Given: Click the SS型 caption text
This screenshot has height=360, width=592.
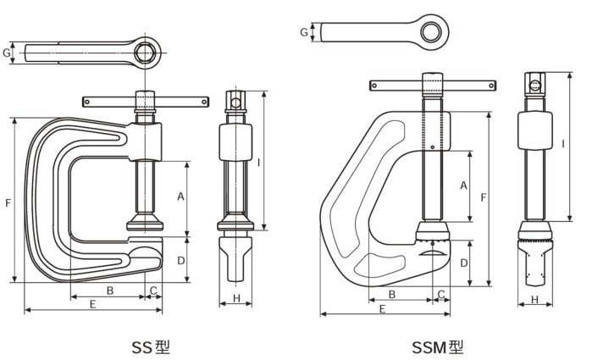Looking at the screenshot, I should tap(151, 346).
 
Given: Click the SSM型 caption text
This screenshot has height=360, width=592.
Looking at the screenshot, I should tap(438, 346).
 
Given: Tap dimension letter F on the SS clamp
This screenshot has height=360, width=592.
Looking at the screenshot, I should tap(8, 202).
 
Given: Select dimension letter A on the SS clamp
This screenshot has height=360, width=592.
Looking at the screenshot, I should tap(180, 196).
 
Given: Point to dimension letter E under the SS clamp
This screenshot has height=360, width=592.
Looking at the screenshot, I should tap(91, 302).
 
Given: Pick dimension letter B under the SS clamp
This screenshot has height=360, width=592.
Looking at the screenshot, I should tap(110, 291).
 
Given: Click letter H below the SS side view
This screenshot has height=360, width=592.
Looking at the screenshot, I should tap(236, 298).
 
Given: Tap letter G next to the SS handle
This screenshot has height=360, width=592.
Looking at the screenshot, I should tap(7, 53).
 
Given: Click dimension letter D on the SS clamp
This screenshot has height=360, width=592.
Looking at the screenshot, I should tap(180, 261).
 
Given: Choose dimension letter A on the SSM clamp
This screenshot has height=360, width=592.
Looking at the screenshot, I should tap(463, 185).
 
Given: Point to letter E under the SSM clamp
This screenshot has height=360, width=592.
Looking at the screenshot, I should tap(383, 309).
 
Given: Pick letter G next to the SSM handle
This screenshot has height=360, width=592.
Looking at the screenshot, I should tap(303, 32).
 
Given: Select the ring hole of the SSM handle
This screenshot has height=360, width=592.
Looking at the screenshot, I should tap(434, 31).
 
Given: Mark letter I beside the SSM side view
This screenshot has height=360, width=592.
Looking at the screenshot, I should tap(563, 144).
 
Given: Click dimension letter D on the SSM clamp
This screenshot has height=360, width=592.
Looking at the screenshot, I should tap(463, 263).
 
